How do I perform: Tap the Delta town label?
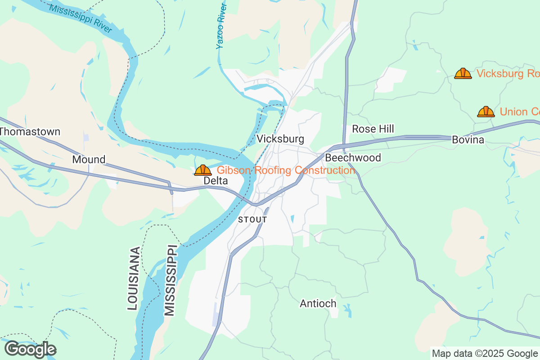[x=216, y=180]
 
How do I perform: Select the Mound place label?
[x=89, y=159]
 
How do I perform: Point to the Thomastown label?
[x=30, y=132]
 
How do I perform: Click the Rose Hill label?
[x=373, y=129]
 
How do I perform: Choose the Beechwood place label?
[x=353, y=157]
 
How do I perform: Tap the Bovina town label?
[x=468, y=140]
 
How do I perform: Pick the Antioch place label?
[x=318, y=304]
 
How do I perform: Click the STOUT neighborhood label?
[x=252, y=220]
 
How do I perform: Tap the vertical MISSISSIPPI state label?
[x=170, y=280]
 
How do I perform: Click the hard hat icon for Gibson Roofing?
[x=203, y=170]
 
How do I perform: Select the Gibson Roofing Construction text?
[x=286, y=170]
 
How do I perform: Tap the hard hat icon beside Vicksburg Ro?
[x=463, y=73]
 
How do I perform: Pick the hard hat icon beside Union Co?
[x=486, y=112]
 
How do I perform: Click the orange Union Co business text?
[x=519, y=112]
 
